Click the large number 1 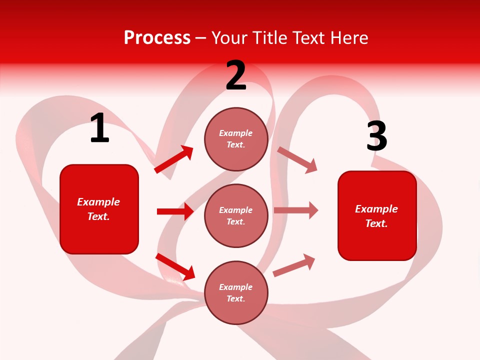click(x=99, y=128)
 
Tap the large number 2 click(x=236, y=75)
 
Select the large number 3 click(x=376, y=136)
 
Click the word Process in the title click(x=157, y=37)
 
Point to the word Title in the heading click(x=269, y=37)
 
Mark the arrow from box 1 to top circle click(x=174, y=159)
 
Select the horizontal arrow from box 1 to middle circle click(x=175, y=211)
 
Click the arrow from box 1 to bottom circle click(x=175, y=266)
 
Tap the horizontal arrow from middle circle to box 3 click(x=296, y=210)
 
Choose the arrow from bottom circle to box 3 click(x=294, y=265)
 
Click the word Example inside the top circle click(x=236, y=133)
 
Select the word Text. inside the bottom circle click(x=236, y=298)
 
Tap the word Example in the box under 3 click(x=376, y=209)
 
